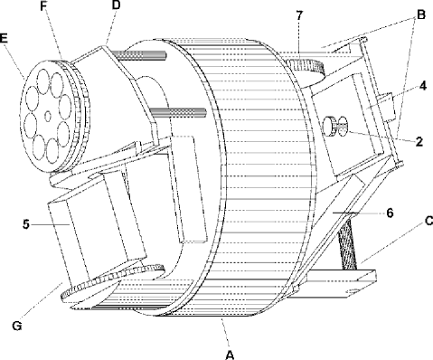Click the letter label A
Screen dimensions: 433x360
coord(230,355)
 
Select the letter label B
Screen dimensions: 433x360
coord(421,14)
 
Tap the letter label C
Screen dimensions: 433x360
coord(428,221)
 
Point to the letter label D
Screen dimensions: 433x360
coord(116,5)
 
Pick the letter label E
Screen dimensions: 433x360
coord(4,38)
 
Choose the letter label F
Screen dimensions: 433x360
coord(44,6)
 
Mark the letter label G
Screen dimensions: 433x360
coord(17,326)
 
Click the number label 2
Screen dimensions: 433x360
coord(419,141)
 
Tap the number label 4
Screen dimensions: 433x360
coord(423,86)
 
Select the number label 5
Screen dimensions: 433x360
coord(26,224)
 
